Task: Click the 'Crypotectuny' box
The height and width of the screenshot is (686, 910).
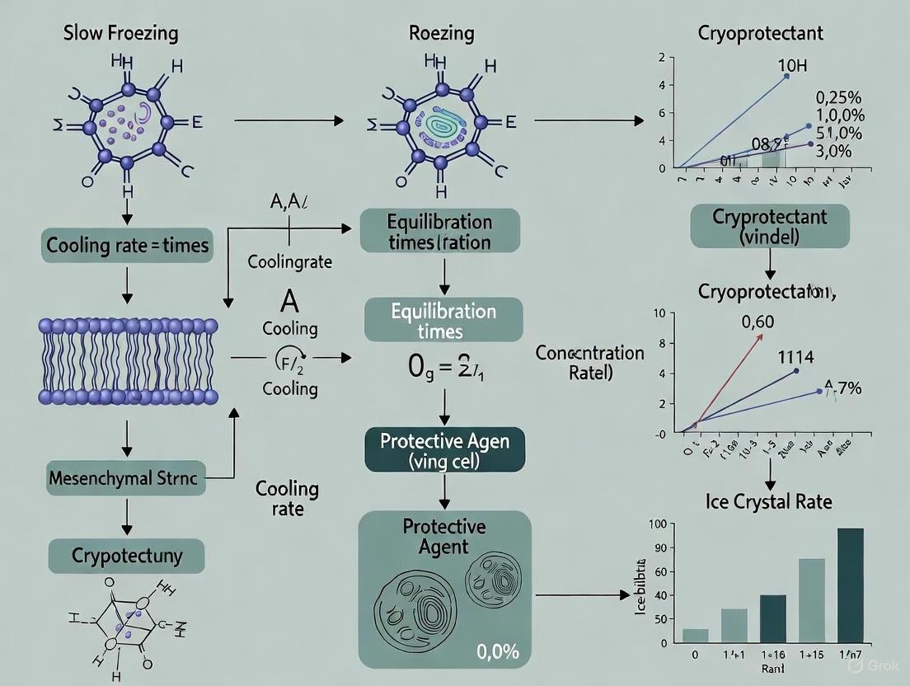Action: pyautogui.click(x=126, y=556)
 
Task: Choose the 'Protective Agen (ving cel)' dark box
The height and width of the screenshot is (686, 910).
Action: pyautogui.click(x=444, y=450)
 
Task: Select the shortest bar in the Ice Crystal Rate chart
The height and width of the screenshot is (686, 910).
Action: pyautogui.click(x=695, y=635)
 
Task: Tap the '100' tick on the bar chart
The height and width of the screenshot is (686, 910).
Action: pyautogui.click(x=657, y=525)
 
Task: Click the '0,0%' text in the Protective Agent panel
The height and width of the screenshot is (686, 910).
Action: pyautogui.click(x=498, y=652)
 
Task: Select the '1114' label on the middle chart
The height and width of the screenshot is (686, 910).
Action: pyautogui.click(x=795, y=357)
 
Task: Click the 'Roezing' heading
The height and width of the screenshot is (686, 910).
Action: pyautogui.click(x=441, y=34)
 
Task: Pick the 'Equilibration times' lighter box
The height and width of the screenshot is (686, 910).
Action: pyautogui.click(x=443, y=321)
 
